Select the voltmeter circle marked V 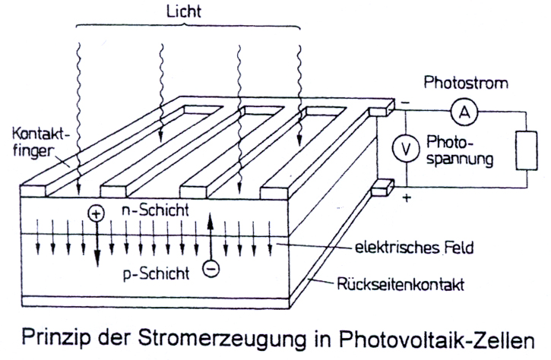pyautogui.click(x=406, y=150)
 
